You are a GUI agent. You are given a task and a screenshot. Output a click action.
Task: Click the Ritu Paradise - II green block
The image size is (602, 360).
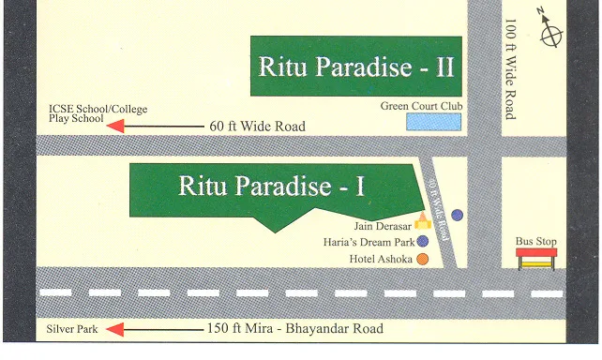[356, 67]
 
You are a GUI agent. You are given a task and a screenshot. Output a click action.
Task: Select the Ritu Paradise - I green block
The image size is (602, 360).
[272, 187]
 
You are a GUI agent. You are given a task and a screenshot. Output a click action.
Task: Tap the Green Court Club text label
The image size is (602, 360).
[421, 106]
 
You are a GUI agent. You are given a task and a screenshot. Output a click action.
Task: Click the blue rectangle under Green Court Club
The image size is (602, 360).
[433, 122]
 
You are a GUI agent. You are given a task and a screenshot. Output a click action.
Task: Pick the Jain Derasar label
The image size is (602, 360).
[383, 226]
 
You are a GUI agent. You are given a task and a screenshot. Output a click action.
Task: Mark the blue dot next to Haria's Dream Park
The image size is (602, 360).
[423, 242]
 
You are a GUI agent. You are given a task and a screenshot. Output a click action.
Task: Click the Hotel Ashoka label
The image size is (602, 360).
[381, 259]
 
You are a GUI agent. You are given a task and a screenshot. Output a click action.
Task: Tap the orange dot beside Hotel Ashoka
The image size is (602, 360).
[423, 259]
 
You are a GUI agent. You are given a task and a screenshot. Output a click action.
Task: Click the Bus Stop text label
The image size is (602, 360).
[536, 242]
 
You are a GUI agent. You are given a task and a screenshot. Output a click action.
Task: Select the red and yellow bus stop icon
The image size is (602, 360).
[536, 258]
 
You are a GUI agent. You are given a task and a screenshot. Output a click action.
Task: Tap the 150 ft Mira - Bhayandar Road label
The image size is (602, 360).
[294, 330]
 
